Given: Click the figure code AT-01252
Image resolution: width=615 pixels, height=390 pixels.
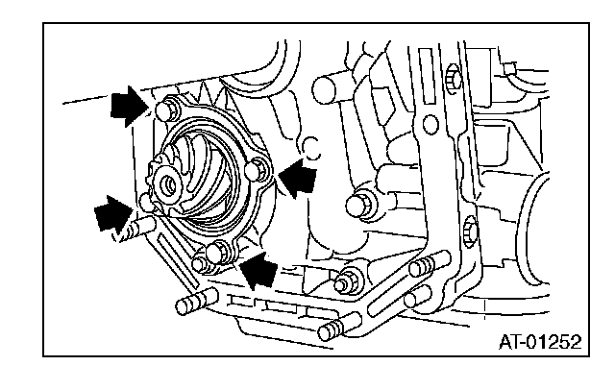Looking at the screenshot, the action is click(x=540, y=342).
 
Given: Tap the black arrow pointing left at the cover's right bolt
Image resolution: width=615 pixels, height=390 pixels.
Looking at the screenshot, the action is click(x=297, y=179).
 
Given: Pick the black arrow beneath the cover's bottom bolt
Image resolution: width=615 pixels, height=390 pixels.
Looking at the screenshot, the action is click(x=258, y=271).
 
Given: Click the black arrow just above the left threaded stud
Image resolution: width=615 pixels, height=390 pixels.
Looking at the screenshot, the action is click(x=113, y=214).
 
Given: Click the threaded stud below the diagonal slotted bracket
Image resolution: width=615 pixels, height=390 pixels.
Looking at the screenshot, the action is click(x=197, y=301).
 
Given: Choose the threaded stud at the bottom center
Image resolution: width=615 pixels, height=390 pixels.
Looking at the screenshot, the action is click(x=339, y=327).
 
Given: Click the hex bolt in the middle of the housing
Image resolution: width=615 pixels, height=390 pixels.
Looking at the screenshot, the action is click(x=361, y=204).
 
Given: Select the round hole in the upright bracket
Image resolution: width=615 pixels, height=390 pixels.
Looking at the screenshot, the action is click(x=430, y=124).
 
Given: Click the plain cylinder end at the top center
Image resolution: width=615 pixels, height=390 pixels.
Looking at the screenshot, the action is click(x=325, y=89).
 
